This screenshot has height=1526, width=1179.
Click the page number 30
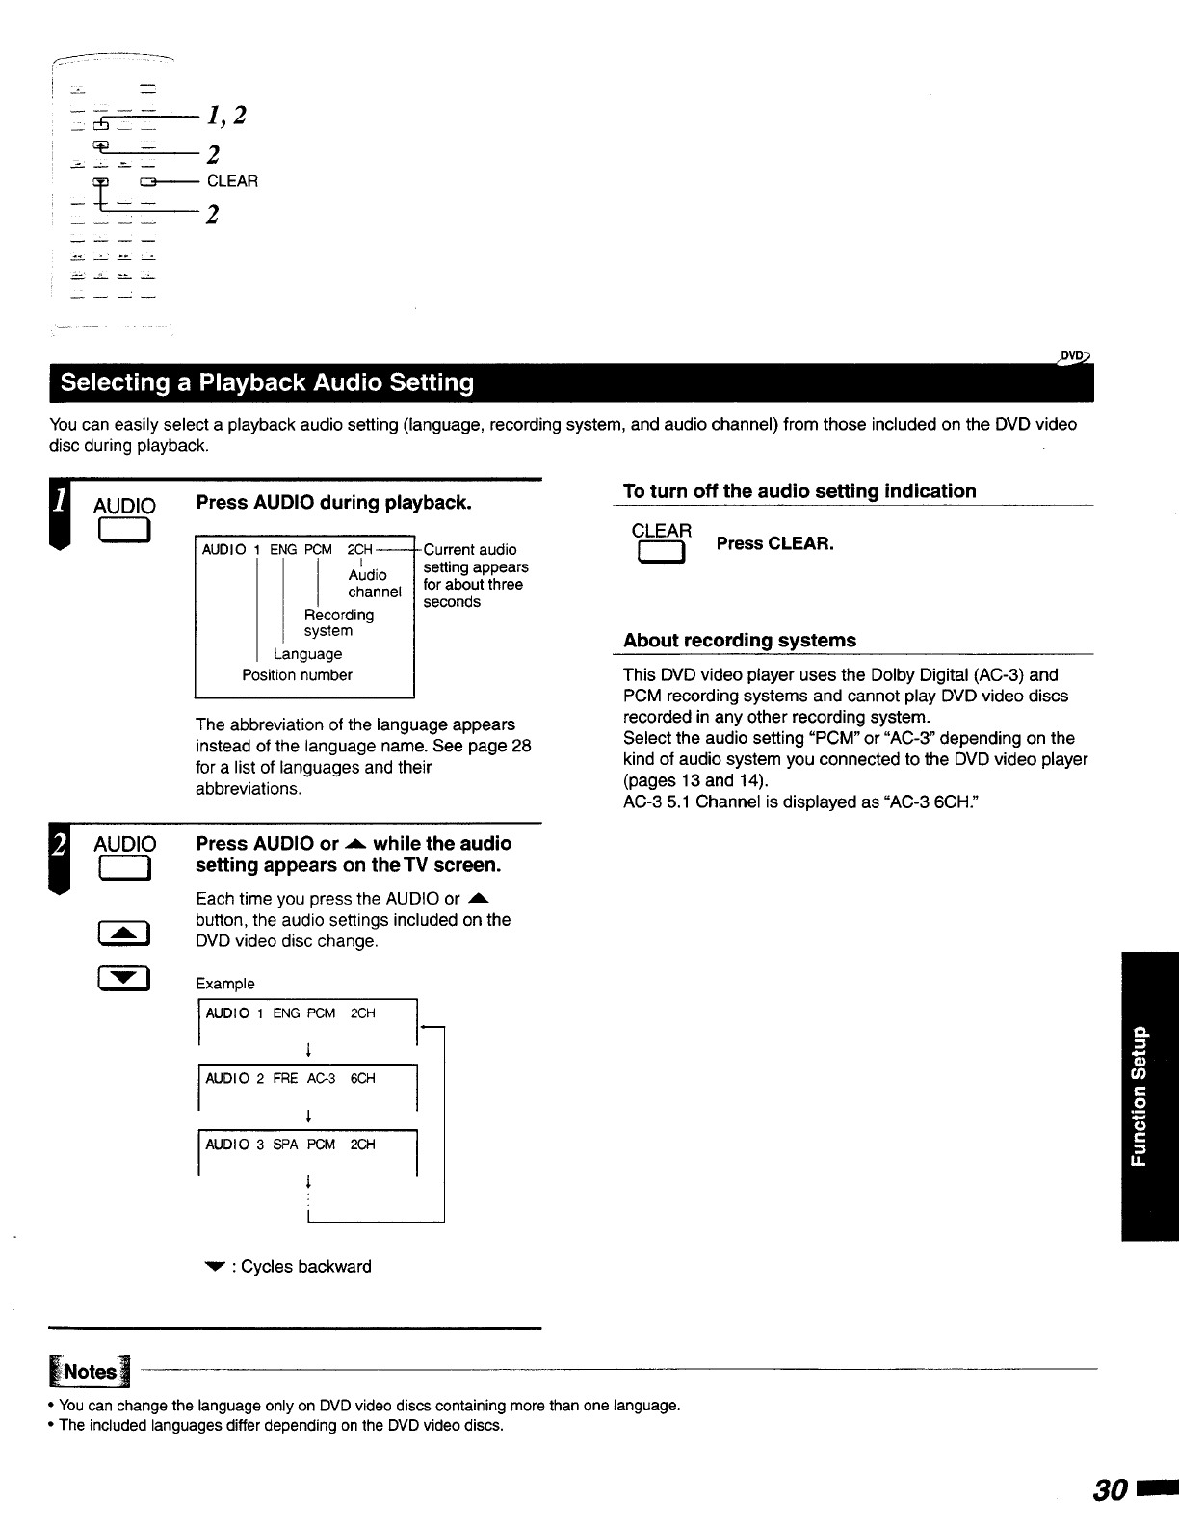coord(1110,1490)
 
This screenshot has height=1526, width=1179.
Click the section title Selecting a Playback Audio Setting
coord(267,383)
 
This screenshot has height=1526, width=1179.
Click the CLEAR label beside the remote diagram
coord(232,181)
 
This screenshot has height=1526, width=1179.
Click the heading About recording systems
coord(739,641)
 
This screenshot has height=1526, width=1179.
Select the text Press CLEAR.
coord(774,543)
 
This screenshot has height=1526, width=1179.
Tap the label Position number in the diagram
coord(297,675)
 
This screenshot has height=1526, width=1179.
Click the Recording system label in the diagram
coord(338,622)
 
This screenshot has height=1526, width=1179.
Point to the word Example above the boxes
coord(224,984)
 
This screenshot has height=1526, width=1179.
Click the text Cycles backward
coord(305,1267)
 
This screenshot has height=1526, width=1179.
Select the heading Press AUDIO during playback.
coord(333,503)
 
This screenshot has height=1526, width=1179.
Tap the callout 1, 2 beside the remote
coord(226,116)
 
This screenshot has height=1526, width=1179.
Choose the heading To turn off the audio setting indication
coord(799,491)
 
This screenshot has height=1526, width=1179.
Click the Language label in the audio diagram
coord(307,654)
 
